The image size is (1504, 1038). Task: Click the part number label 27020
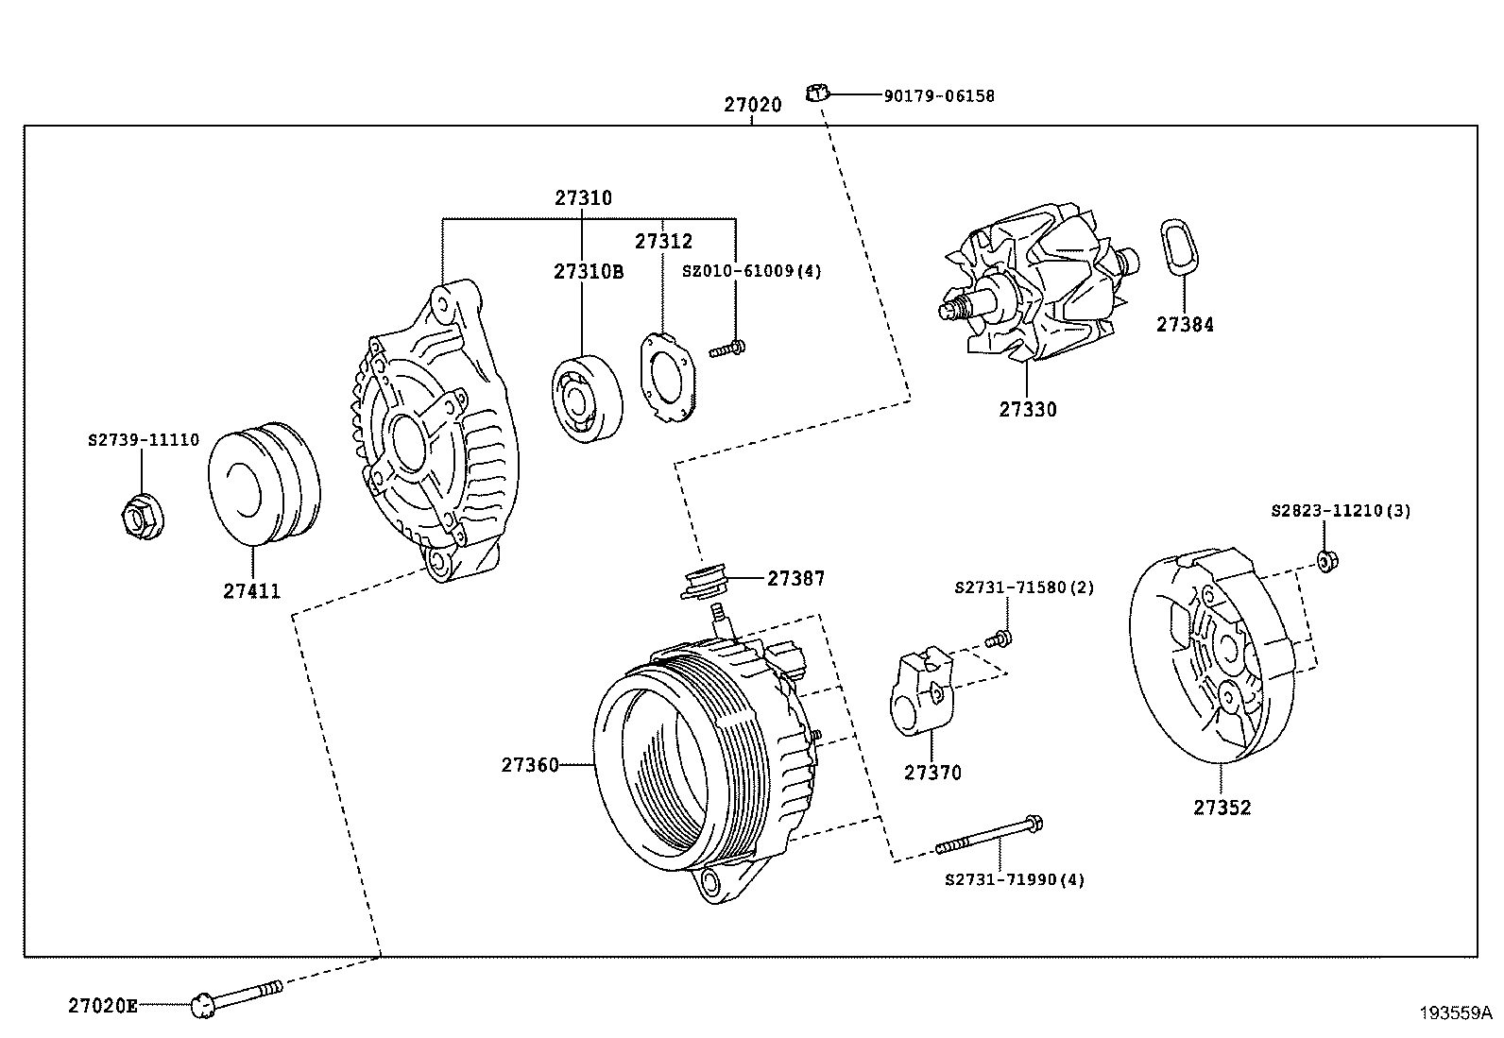click(x=753, y=105)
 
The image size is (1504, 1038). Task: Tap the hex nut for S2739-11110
click(x=136, y=516)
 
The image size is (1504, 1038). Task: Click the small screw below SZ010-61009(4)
click(x=728, y=349)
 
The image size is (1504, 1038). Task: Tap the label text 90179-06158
click(x=939, y=95)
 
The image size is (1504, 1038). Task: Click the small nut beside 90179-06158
click(x=816, y=93)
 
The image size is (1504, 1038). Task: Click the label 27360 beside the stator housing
click(x=531, y=765)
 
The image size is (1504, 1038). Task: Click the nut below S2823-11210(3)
click(x=1326, y=561)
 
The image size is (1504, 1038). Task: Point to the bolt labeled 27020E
click(x=236, y=997)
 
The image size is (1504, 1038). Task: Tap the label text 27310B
click(x=589, y=272)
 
